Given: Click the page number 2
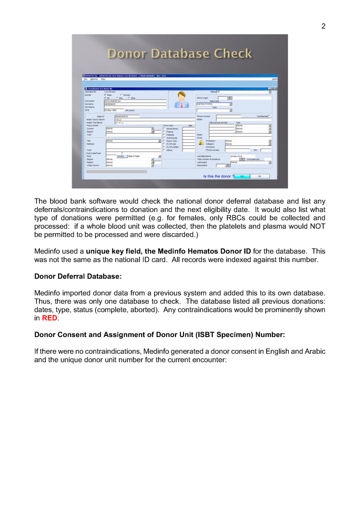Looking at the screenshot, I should tap(323, 26).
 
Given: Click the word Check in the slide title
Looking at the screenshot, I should tap(232, 54).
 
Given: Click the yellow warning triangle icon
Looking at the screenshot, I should tap(201, 143).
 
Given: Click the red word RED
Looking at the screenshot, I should tap(49, 319).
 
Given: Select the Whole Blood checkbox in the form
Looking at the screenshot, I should tap(164, 129).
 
